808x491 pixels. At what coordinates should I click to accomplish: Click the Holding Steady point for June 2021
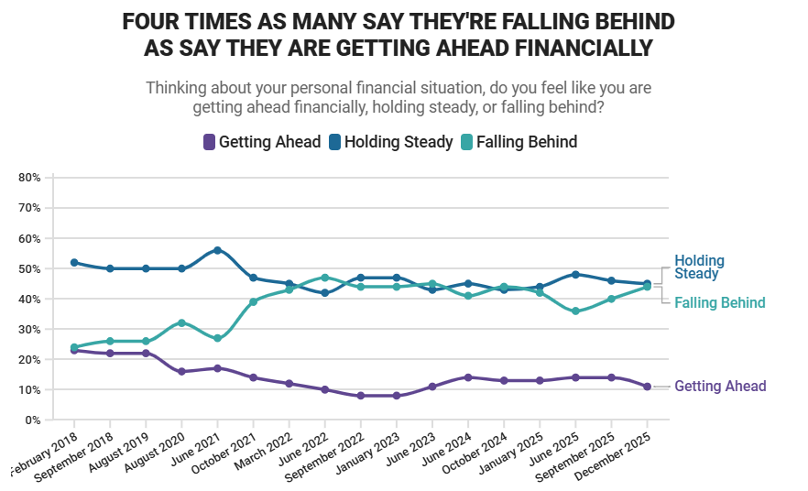217,250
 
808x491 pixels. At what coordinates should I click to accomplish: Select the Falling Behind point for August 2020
181,322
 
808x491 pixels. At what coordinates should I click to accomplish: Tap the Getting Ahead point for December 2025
647,387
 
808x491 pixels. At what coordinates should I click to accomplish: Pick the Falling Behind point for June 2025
575,311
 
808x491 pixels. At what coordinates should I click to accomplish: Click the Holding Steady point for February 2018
74,263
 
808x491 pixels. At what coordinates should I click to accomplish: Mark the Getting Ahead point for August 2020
181,371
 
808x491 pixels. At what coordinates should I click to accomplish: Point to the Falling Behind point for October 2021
253,301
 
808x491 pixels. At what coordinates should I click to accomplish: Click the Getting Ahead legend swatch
209,142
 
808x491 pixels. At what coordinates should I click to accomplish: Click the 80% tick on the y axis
29,178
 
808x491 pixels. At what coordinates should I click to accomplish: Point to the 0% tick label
32,420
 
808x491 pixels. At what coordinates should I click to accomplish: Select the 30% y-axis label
29,329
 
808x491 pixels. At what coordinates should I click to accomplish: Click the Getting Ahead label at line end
720,387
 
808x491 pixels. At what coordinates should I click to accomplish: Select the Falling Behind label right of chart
719,302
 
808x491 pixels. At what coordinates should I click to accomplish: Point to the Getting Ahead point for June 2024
468,377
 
